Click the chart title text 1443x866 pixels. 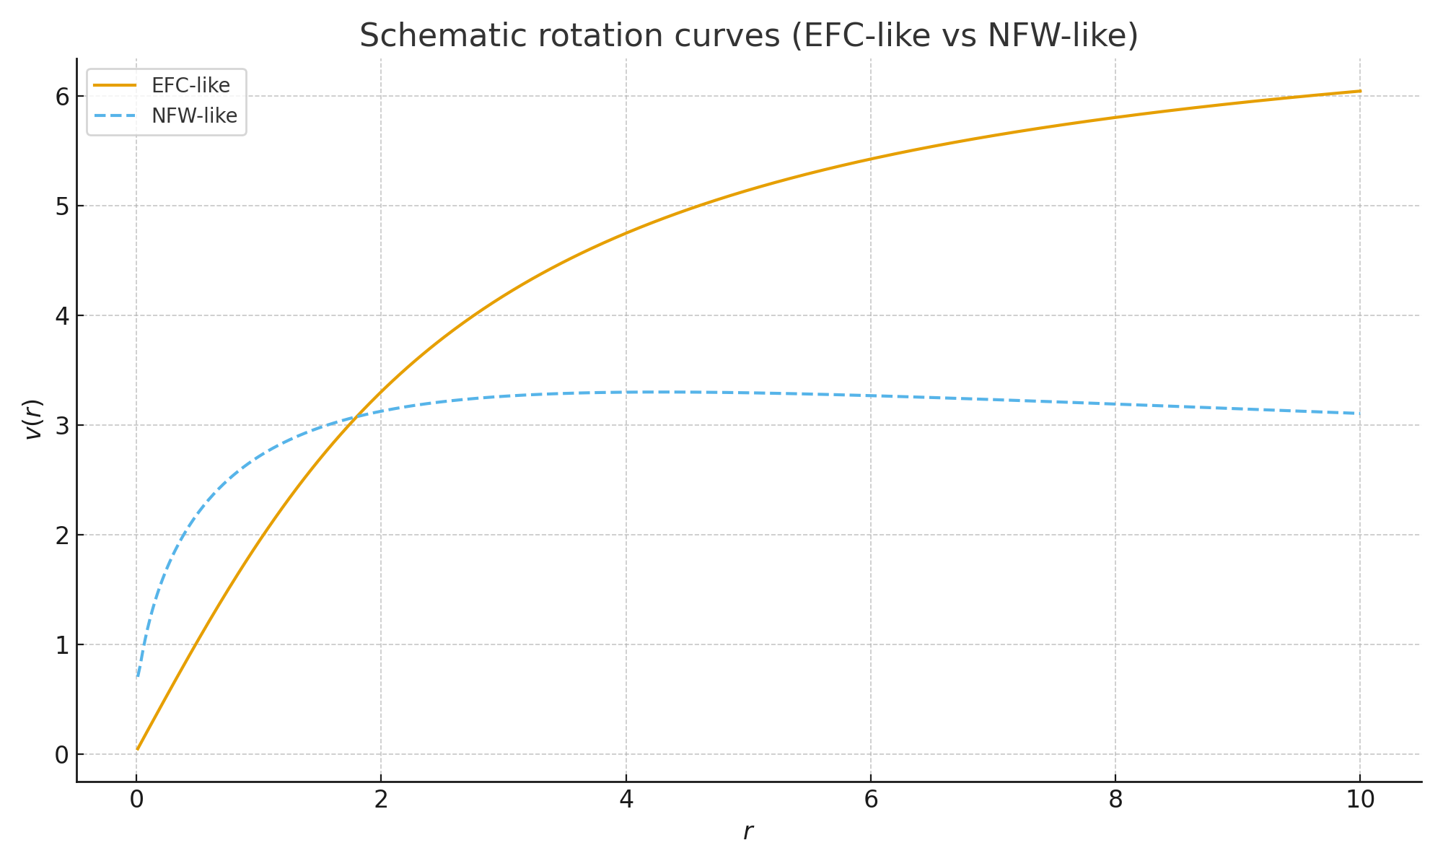click(x=748, y=35)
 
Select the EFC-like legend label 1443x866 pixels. click(x=190, y=86)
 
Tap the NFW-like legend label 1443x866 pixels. click(x=194, y=116)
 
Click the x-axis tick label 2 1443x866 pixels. click(x=381, y=800)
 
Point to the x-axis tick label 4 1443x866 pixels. click(x=626, y=800)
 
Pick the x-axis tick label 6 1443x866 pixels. click(x=871, y=800)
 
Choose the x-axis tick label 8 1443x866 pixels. click(x=1115, y=800)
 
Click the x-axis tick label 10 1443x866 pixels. click(x=1360, y=800)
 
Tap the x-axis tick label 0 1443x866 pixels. click(x=136, y=800)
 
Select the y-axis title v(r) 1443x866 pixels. click(x=33, y=419)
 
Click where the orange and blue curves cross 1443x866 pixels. click(x=351, y=416)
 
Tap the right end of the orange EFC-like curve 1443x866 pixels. click(x=1360, y=91)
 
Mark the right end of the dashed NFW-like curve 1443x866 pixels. click(x=1360, y=414)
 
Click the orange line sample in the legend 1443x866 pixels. click(x=115, y=85)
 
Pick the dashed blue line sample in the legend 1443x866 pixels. click(x=115, y=116)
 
